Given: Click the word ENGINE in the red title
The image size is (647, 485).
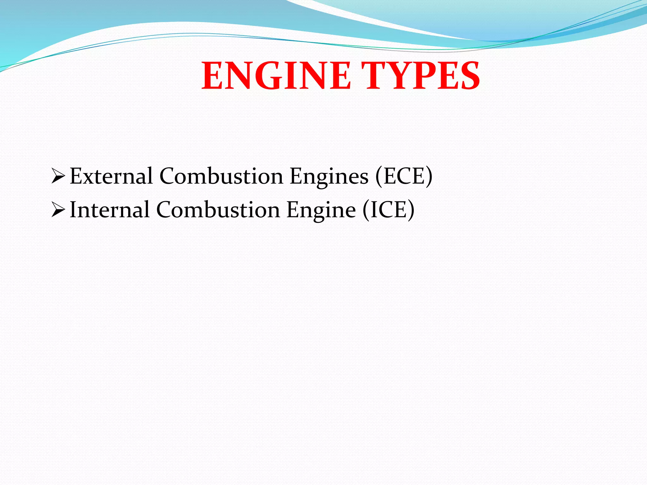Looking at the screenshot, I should tap(276, 76).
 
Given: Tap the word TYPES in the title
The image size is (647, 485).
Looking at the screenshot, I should tap(420, 76).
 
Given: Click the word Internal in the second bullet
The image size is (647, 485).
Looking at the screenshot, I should tap(109, 210).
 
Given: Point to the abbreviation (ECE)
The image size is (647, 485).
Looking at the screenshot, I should tap(404, 176).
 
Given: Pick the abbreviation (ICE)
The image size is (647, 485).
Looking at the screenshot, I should tap(388, 210).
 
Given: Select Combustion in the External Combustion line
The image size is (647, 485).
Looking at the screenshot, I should tap(221, 176).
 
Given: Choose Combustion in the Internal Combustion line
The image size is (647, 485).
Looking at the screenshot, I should tap(218, 210).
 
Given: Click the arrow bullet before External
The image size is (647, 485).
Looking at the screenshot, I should tap(58, 177).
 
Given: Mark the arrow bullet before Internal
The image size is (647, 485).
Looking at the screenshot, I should tap(58, 210).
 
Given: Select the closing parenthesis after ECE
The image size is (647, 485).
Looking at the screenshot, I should tap(429, 176).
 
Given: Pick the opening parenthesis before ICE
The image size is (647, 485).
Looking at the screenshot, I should tap(366, 210).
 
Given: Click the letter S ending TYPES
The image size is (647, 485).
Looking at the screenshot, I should tap(469, 76).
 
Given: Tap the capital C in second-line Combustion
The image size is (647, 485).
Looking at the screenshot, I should tap(164, 210).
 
